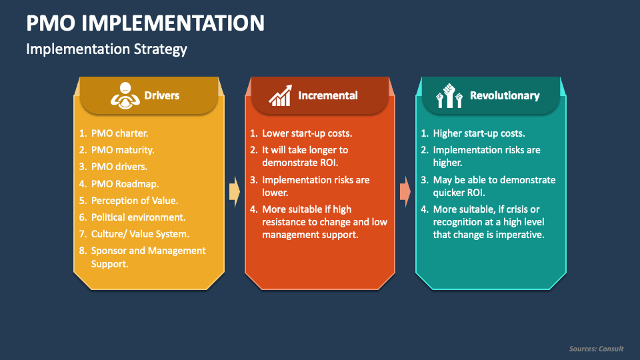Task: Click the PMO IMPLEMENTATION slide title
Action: coord(145,23)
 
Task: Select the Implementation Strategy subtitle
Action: coord(107,49)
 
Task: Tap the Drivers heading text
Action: coord(162,95)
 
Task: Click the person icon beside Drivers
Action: coord(124,95)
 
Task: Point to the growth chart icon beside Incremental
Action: coord(280,95)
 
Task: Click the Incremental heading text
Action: coord(328,95)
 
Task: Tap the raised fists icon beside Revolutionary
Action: coord(449,95)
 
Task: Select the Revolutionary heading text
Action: coord(505,95)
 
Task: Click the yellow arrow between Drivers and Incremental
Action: coord(234,192)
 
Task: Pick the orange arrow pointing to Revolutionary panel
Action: coord(405,192)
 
